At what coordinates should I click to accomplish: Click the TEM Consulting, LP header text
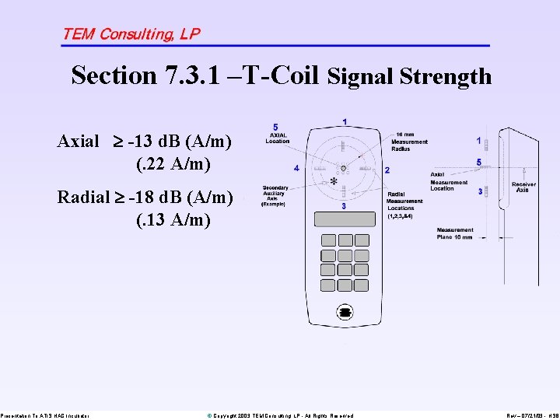[x=131, y=33]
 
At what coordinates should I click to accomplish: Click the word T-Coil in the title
[x=282, y=75]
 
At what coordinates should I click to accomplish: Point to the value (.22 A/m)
[x=173, y=164]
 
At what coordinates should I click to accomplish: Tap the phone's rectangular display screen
[x=344, y=217]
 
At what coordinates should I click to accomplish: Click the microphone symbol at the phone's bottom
[x=345, y=312]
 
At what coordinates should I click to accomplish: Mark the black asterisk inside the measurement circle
[x=333, y=181]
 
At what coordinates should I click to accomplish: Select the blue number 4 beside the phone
[x=296, y=167]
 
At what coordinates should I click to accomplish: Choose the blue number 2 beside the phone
[x=387, y=170]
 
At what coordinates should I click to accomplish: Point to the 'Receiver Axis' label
[x=523, y=187]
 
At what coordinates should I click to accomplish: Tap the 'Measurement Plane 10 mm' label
[x=455, y=233]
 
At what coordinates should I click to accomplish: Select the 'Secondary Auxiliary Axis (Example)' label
[x=275, y=195]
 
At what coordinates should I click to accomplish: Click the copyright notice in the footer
[x=280, y=416]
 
